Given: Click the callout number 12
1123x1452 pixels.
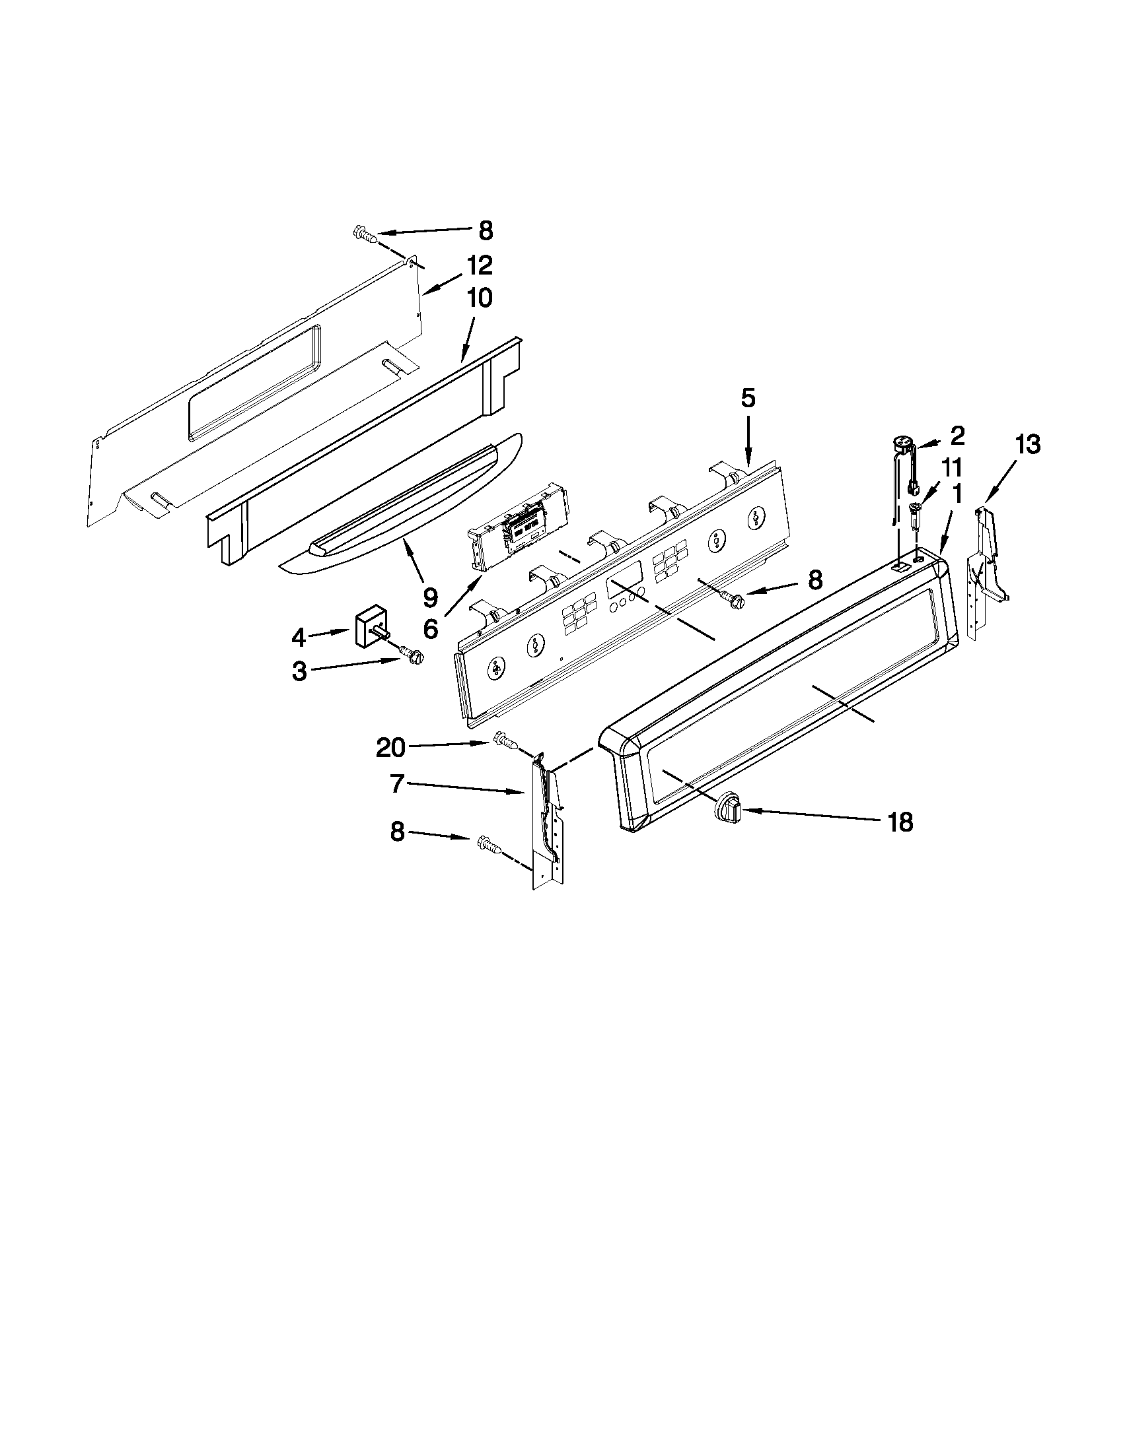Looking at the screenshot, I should [479, 265].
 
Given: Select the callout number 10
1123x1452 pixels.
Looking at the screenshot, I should [479, 298].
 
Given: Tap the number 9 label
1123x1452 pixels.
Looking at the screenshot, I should [431, 598].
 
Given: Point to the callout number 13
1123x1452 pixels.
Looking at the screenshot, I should [1027, 445].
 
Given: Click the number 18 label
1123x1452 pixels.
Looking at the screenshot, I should [900, 824].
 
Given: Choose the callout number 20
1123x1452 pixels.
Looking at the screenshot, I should [390, 748].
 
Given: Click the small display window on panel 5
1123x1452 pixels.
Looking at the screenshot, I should [624, 585].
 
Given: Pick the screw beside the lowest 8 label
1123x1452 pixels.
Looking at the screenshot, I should [487, 845].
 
